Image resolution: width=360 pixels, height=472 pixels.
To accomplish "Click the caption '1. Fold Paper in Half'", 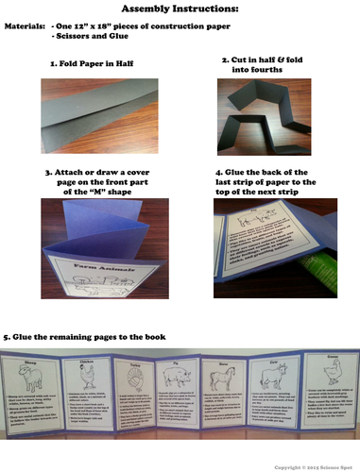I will pyautogui.click(x=93, y=67).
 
